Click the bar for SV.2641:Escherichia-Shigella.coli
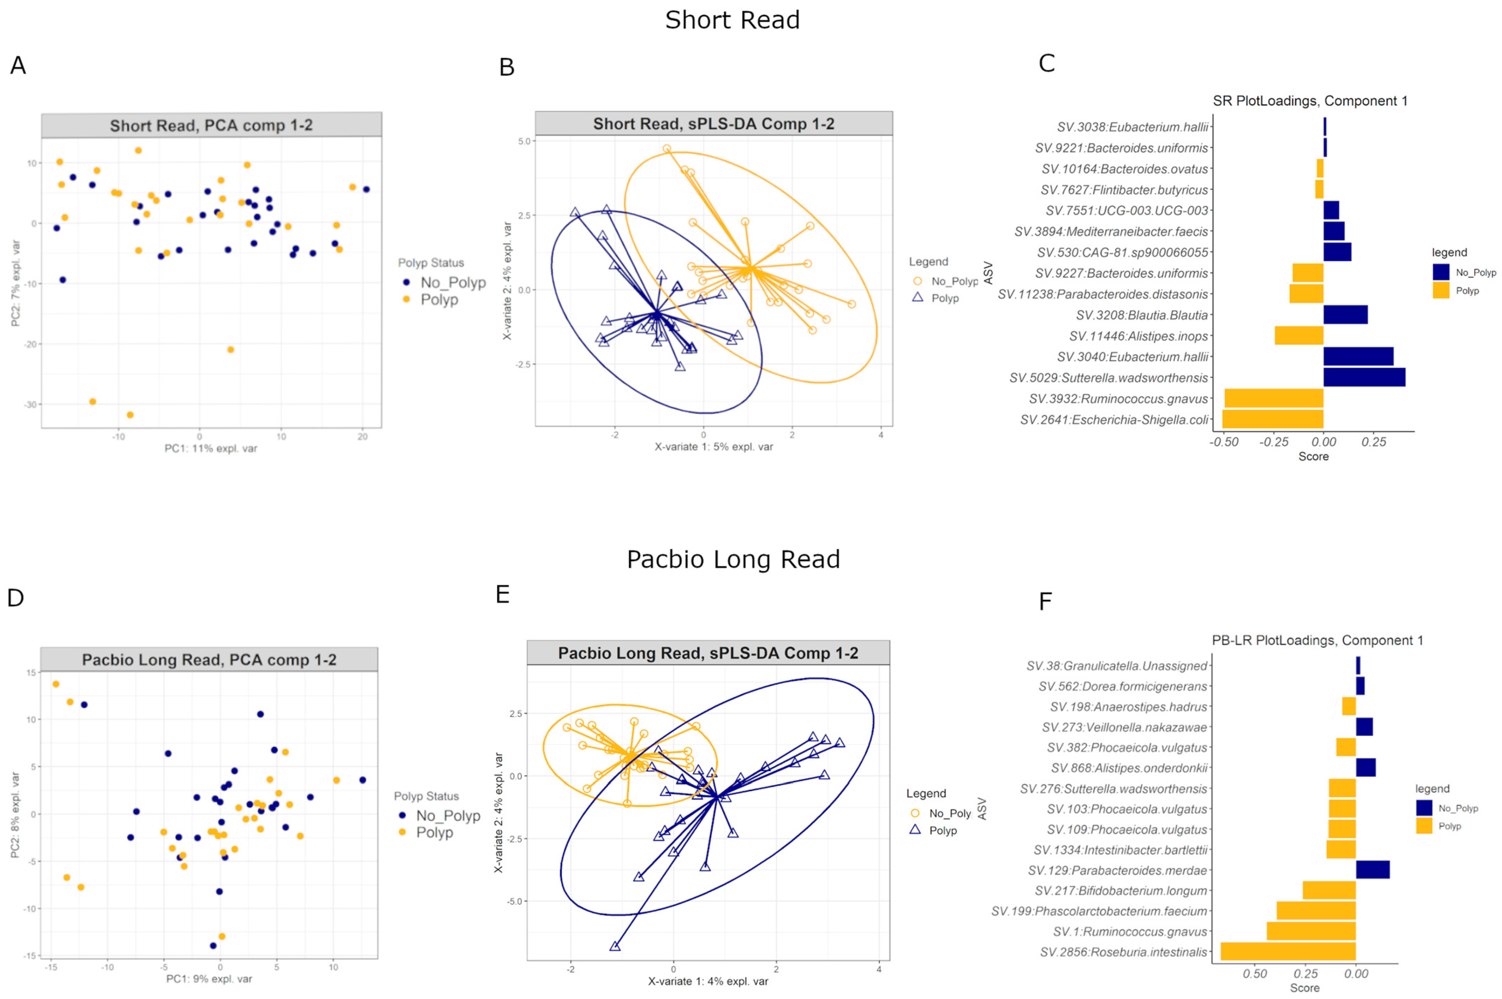pyautogui.click(x=1272, y=419)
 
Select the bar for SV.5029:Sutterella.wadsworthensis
pyautogui.click(x=1364, y=377)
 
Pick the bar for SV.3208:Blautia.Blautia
pyautogui.click(x=1345, y=315)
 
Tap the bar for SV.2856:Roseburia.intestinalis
pyautogui.click(x=1288, y=952)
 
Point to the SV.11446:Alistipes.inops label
pyautogui.click(x=1138, y=336)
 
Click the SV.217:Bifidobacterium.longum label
pyautogui.click(x=1121, y=891)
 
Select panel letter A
pyautogui.click(x=18, y=65)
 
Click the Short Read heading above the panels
pyautogui.click(x=733, y=20)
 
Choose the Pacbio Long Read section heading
pyautogui.click(x=733, y=559)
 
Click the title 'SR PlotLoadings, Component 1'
pyautogui.click(x=1310, y=101)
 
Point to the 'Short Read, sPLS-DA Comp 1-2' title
pyautogui.click(x=714, y=124)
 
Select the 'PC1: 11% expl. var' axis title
pyautogui.click(x=211, y=449)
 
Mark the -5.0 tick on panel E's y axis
pyautogui.click(x=515, y=901)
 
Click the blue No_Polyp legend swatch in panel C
pyautogui.click(x=1441, y=272)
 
